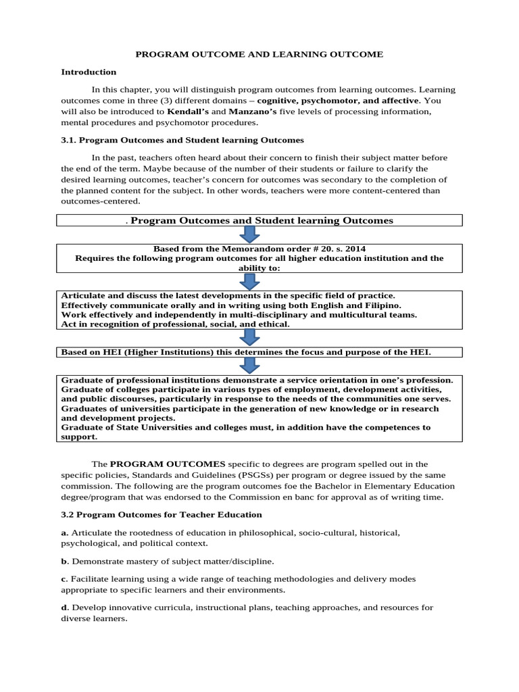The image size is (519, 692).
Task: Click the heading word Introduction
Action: (89, 72)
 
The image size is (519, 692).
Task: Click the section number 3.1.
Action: (70, 140)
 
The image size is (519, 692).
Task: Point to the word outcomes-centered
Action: (101, 201)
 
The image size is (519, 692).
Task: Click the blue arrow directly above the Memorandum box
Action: (249, 234)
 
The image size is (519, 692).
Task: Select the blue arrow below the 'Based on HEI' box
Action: (249, 366)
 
